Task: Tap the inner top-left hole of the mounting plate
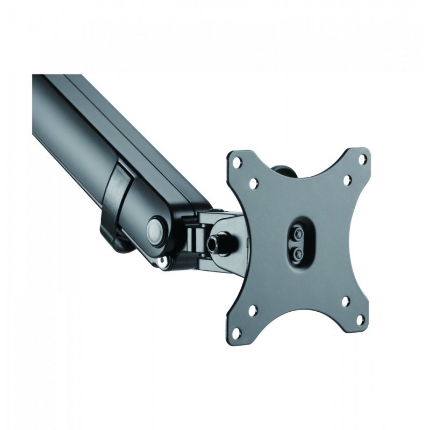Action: click(253, 183)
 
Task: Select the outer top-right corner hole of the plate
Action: click(362, 159)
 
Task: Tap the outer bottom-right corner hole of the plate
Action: click(359, 321)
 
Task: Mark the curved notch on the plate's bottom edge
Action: click(298, 314)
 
